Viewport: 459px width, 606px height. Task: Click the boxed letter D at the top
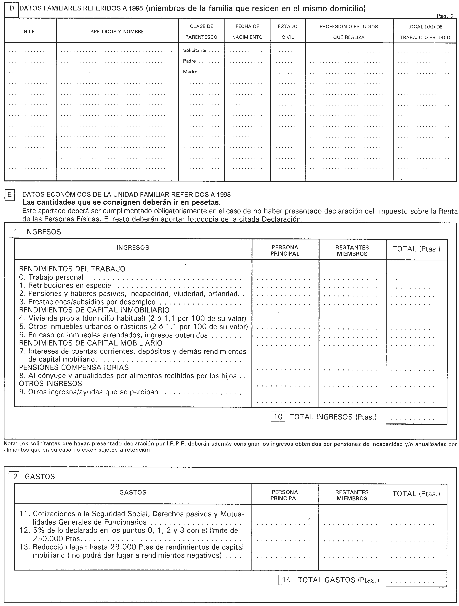11,8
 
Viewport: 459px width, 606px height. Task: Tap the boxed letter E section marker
10,195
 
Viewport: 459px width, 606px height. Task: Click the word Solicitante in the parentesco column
195,50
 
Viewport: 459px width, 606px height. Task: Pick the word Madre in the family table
190,72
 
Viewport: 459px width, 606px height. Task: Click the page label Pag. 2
445,16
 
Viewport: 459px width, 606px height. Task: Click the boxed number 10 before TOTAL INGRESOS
278,417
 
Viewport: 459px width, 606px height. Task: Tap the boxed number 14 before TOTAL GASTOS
286,580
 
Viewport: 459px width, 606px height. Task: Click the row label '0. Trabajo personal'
51,277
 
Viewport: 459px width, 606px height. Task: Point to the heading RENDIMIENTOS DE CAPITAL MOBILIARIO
90,343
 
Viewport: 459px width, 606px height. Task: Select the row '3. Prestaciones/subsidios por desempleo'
87,302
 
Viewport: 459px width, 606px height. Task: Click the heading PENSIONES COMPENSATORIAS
74,367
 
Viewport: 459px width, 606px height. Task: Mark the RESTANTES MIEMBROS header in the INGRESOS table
352,250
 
